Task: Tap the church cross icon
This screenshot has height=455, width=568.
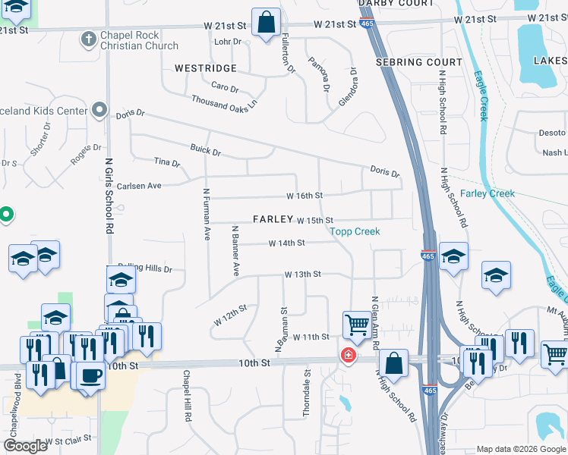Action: (x=88, y=37)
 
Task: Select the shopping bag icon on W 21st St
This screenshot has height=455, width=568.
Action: (x=267, y=24)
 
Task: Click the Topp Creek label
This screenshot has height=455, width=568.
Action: (x=354, y=231)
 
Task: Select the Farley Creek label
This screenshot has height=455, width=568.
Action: (x=488, y=193)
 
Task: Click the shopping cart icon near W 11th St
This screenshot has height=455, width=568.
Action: (x=356, y=325)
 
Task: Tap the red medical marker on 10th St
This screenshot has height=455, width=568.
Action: (x=349, y=355)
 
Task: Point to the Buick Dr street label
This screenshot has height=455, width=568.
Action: (x=205, y=152)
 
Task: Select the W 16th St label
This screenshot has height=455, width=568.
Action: (x=305, y=196)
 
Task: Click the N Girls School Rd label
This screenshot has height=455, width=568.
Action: (x=109, y=195)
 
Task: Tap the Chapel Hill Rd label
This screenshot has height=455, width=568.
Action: (x=186, y=395)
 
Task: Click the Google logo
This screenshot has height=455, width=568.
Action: (x=25, y=446)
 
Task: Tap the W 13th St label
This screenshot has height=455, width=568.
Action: (x=303, y=275)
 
